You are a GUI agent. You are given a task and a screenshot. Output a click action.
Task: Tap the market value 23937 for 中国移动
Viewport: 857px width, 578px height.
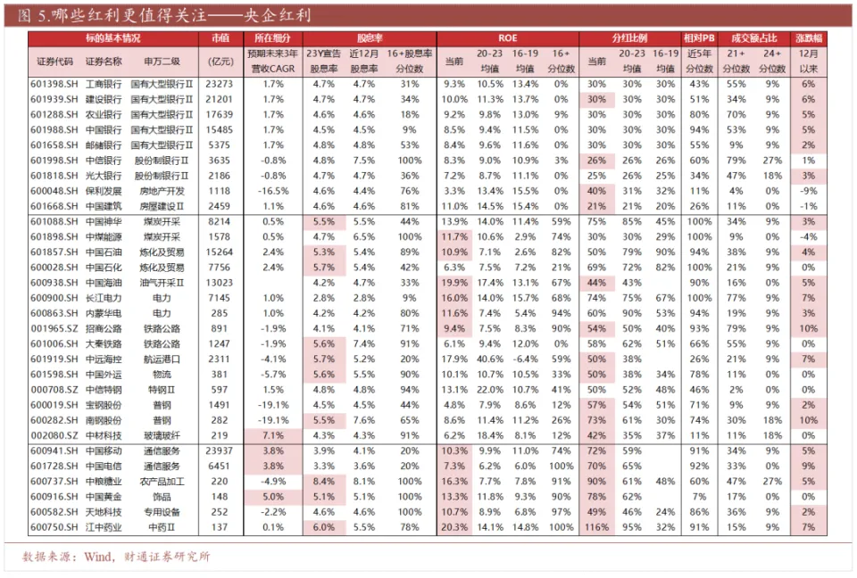(219, 451)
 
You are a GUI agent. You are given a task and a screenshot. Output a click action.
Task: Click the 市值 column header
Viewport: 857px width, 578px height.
(220, 39)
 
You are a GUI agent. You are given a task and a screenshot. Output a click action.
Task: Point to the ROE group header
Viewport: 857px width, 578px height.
(507, 39)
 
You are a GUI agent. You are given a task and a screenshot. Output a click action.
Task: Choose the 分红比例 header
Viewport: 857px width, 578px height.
(629, 39)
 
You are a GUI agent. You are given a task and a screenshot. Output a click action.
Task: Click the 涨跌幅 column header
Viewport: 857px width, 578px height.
(809, 39)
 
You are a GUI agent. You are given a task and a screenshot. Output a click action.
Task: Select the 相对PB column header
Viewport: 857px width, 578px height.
(698, 39)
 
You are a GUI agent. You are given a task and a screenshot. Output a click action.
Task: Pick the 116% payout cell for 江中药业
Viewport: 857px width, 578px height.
(596, 527)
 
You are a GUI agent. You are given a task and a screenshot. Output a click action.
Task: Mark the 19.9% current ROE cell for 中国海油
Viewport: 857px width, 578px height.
(454, 282)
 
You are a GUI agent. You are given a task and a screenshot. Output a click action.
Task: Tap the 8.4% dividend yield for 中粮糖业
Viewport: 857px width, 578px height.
(324, 482)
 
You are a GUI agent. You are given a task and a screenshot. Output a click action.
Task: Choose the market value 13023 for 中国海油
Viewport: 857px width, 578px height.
(219, 282)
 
